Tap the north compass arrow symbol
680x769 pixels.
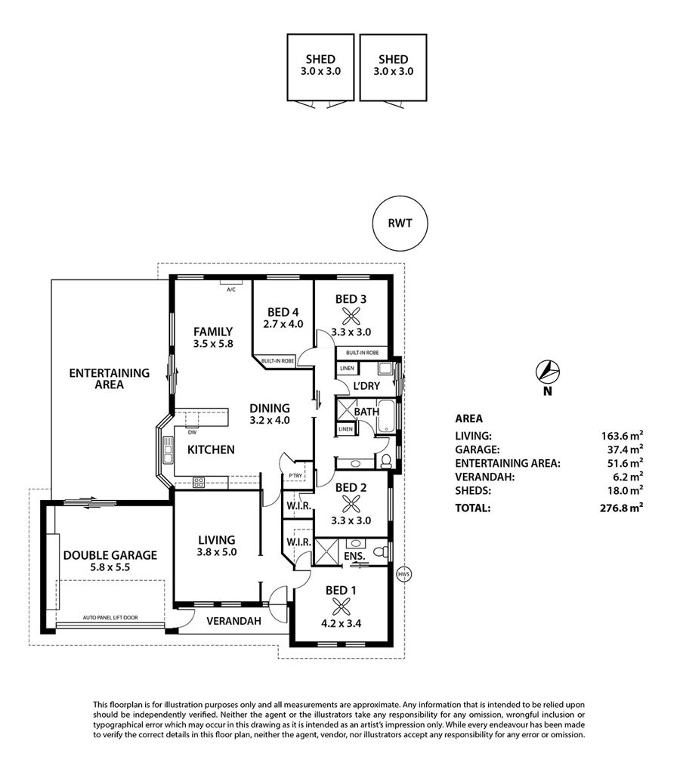548,372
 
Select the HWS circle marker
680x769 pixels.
403,574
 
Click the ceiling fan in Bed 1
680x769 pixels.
341,606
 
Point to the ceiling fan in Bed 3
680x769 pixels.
351,315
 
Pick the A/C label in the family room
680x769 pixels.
231,290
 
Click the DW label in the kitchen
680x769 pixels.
193,433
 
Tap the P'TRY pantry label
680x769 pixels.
295,476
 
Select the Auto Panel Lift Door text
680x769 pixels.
110,617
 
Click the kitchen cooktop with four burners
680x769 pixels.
199,483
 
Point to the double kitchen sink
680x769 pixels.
168,450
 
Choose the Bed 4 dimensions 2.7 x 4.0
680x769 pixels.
283,324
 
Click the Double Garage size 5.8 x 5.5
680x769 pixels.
110,567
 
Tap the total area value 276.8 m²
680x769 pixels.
622,508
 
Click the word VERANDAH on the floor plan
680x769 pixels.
233,621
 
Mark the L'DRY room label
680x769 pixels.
366,386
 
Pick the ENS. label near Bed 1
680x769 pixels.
354,556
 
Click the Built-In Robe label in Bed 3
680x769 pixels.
363,353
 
